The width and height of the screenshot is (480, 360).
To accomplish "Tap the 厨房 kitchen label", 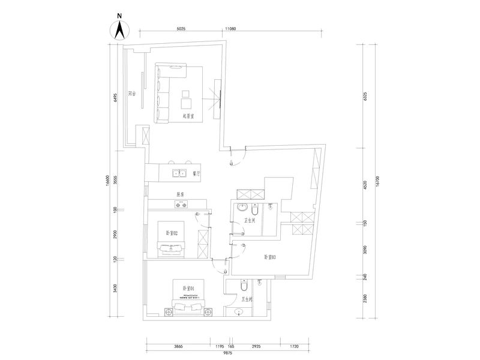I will pyautogui.click(x=180, y=194).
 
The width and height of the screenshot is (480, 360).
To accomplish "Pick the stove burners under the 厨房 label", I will pyautogui.click(x=181, y=205).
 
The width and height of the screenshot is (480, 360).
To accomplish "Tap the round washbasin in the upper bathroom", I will pyautogui.click(x=241, y=209).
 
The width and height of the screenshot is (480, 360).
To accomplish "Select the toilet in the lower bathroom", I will pyautogui.click(x=243, y=286).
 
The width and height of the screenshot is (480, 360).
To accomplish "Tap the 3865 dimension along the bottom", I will pyautogui.click(x=178, y=347).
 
